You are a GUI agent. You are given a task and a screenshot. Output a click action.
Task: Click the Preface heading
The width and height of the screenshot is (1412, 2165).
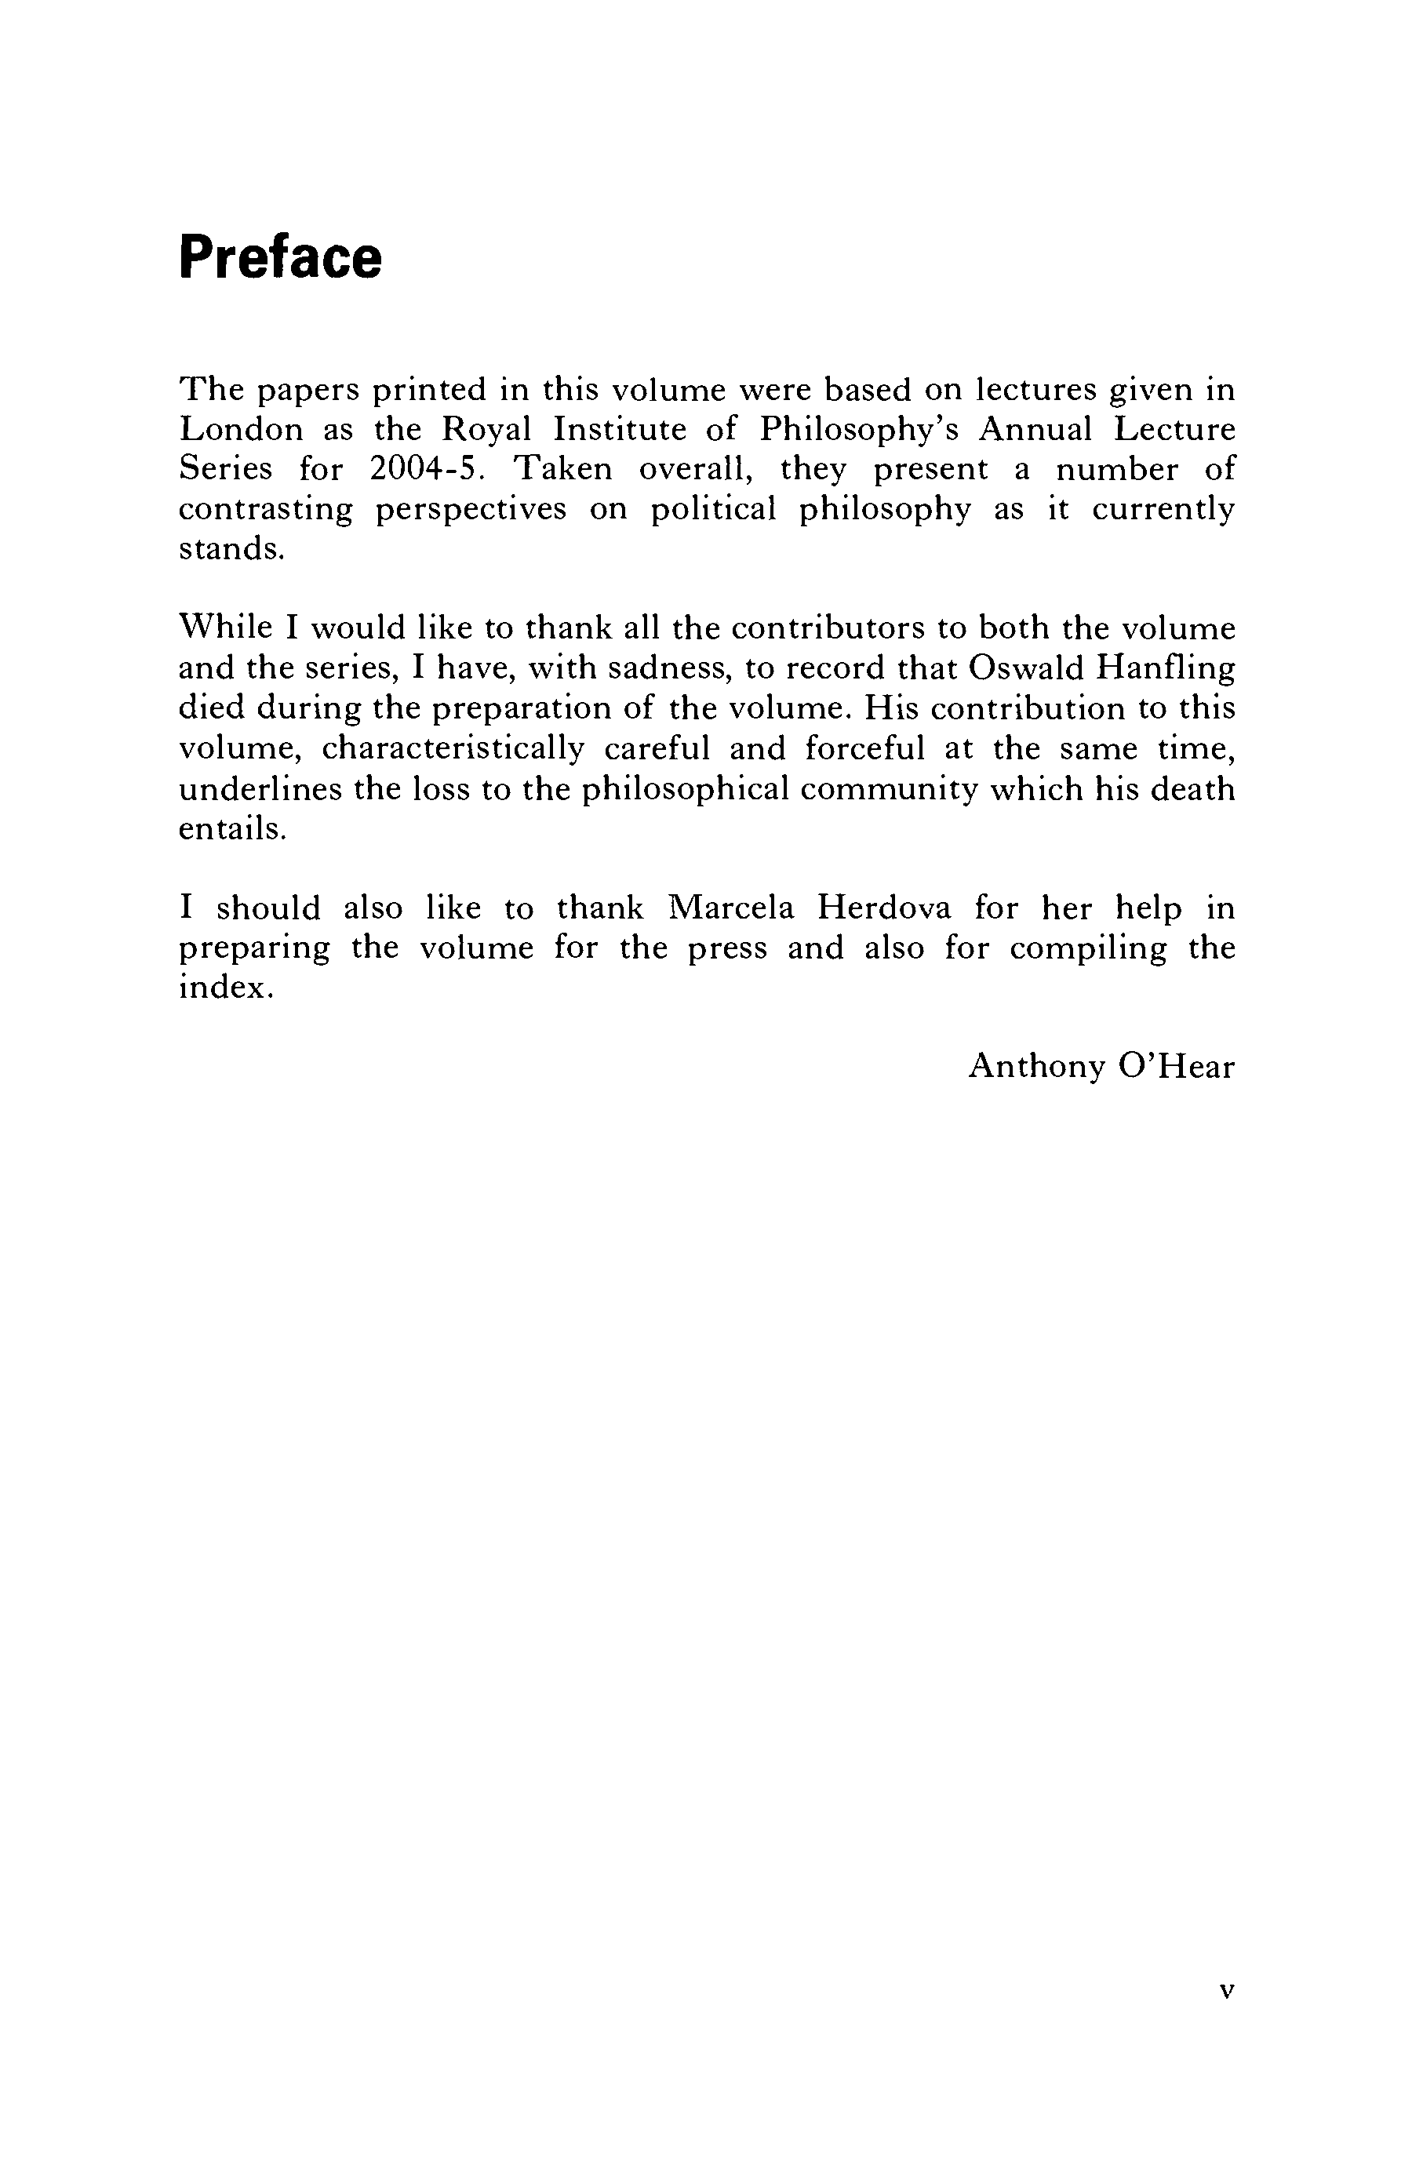point(280,257)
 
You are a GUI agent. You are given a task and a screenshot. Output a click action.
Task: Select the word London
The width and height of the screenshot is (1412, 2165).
point(240,428)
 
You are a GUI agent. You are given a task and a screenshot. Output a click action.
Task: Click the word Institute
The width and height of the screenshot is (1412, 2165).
point(620,428)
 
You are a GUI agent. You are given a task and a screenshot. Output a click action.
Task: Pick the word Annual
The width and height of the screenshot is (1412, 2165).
point(1035,428)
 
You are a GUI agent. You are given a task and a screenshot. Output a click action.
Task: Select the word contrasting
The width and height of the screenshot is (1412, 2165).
point(266,508)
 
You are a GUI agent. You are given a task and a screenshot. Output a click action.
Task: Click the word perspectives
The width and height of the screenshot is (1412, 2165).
point(471,508)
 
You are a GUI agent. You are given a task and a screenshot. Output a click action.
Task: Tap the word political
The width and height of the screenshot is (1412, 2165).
point(713,508)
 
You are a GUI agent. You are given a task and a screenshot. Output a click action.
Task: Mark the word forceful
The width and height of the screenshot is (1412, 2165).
point(864,748)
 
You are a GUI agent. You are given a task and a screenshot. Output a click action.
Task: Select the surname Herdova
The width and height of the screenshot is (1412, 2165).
point(884,908)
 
